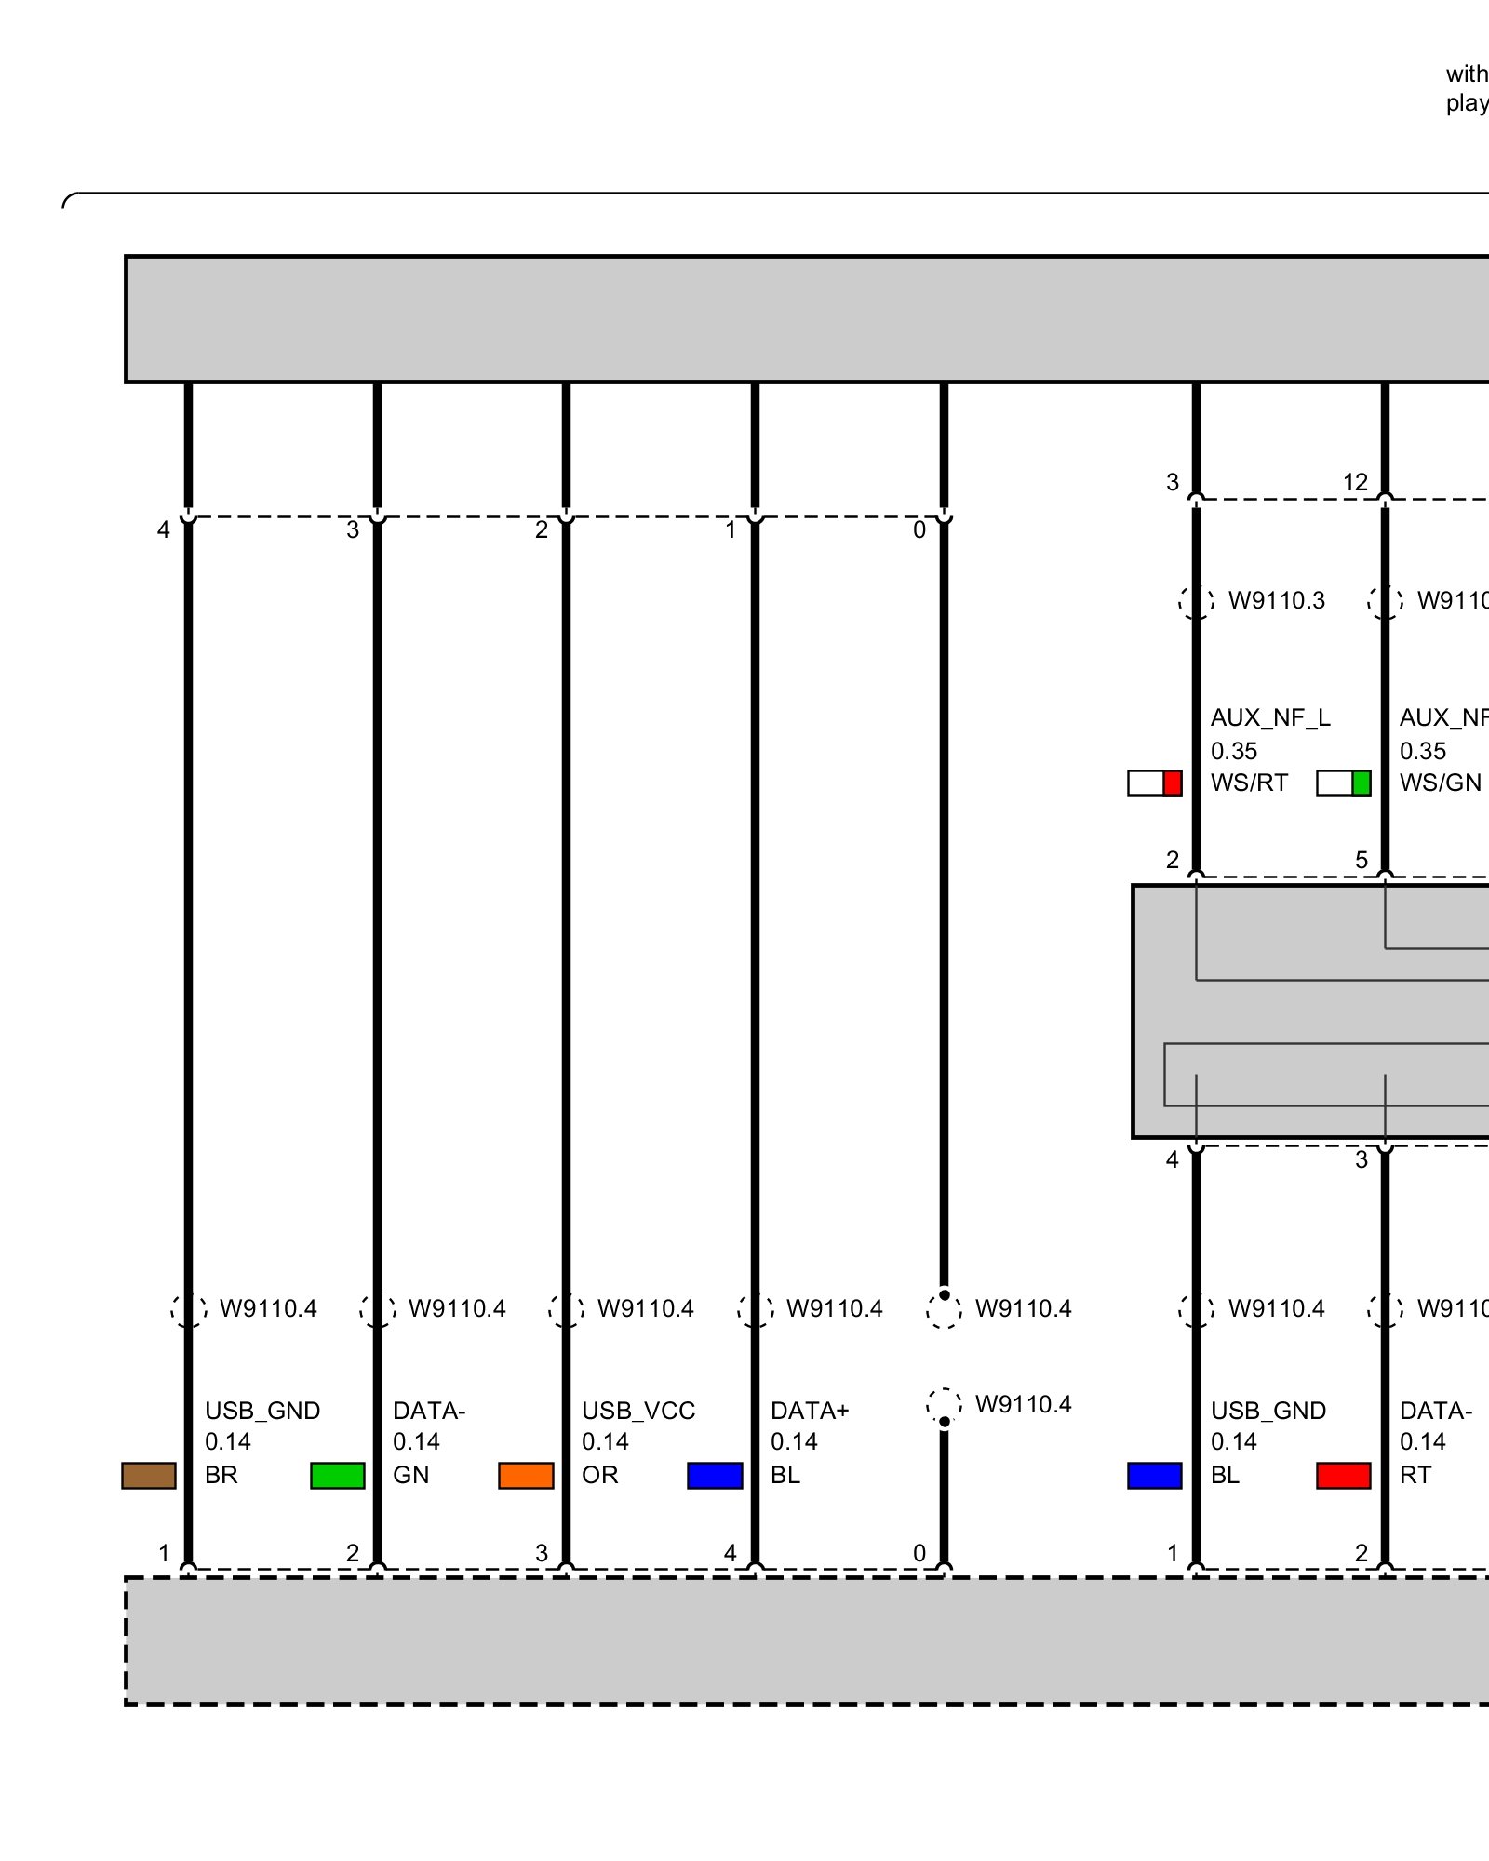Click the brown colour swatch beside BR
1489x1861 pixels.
point(149,1476)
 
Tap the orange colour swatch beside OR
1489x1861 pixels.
point(526,1476)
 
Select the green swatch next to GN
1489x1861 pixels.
point(338,1476)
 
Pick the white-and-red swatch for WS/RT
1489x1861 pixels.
point(1155,783)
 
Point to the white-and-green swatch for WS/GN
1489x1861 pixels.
point(1344,783)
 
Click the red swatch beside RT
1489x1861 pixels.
point(1344,1476)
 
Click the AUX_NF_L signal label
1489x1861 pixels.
point(1270,717)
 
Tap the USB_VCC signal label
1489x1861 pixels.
point(638,1411)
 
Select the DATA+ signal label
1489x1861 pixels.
point(810,1411)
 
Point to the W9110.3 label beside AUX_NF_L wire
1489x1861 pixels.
point(1277,600)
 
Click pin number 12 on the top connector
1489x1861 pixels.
point(1355,482)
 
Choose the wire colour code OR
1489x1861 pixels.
point(600,1475)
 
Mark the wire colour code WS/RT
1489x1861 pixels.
point(1249,783)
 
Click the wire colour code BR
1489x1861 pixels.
point(221,1475)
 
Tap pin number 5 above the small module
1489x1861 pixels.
point(1362,860)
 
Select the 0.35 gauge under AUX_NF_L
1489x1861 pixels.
point(1234,751)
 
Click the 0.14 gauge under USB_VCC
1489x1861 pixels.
point(605,1441)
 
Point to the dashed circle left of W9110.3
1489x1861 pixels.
point(1197,601)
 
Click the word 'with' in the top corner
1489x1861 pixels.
point(1467,74)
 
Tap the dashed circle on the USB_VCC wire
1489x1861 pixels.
point(567,1309)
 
